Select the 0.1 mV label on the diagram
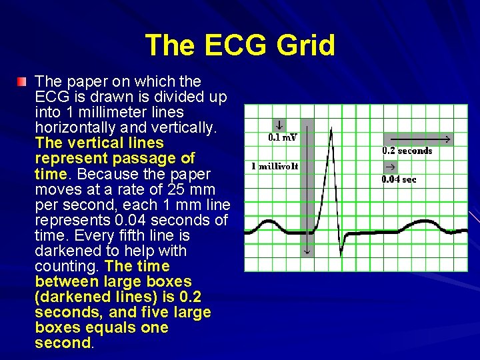click(283, 138)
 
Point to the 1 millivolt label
click(275, 165)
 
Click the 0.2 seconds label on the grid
click(407, 151)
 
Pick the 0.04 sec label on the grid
click(399, 179)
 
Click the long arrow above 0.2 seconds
click(417, 139)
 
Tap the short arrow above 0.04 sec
click(389, 166)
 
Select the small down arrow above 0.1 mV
click(279, 125)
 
